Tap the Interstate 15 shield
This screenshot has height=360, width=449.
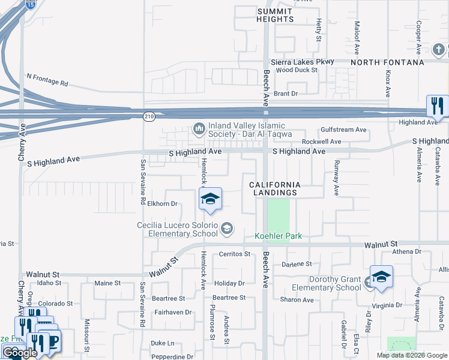click(x=31, y=4)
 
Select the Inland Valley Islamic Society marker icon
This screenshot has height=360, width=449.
click(x=199, y=128)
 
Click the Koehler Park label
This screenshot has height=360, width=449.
click(x=278, y=236)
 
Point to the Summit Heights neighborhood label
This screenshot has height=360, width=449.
click(x=276, y=15)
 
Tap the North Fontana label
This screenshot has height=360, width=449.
click(x=387, y=62)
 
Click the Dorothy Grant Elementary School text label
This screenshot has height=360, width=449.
click(x=335, y=283)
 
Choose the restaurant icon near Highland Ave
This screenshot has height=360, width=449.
click(x=436, y=106)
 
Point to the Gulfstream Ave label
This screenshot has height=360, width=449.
click(x=343, y=130)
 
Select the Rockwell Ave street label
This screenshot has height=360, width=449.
click(x=321, y=142)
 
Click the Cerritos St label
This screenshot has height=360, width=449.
click(x=234, y=254)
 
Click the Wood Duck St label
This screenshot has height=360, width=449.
click(x=297, y=70)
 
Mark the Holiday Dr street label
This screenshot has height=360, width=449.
click(x=230, y=283)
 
